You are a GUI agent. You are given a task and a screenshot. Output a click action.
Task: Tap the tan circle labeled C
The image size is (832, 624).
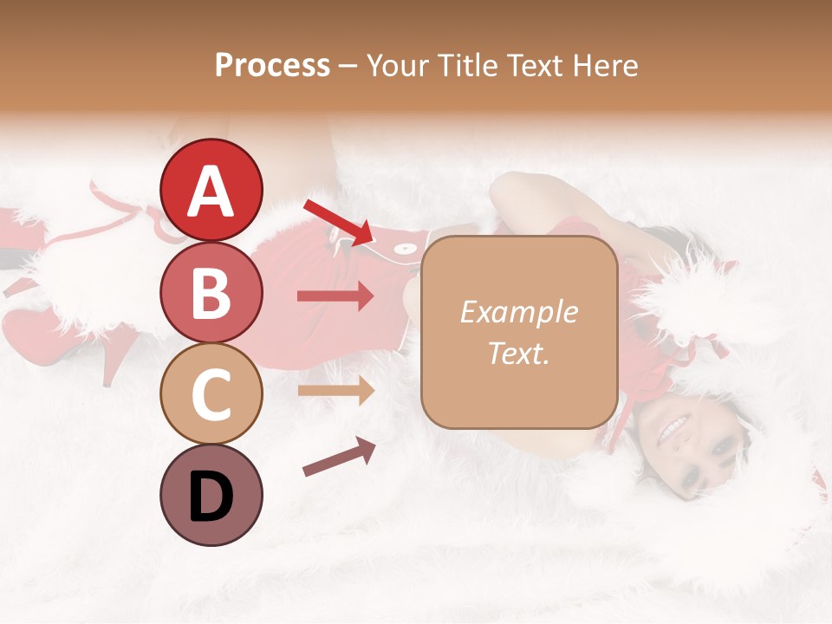point(211,393)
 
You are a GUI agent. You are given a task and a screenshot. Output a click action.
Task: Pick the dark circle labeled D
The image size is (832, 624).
point(211,495)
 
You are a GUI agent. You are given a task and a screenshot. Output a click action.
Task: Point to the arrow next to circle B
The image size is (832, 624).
point(335,296)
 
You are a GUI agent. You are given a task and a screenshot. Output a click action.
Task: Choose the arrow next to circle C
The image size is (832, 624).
point(335,390)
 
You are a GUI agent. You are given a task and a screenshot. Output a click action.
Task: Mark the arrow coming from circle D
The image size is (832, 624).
point(339,457)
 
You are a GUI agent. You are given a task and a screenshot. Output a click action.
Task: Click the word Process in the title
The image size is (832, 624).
point(272,66)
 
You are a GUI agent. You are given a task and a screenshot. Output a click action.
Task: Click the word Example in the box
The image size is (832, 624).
point(518,312)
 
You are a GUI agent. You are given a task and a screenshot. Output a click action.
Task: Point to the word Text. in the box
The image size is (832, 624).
point(518,353)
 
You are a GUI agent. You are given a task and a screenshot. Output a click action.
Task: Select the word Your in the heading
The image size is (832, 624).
point(394,66)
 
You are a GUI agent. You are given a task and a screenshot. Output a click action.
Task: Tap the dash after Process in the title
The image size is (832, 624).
point(348,67)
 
